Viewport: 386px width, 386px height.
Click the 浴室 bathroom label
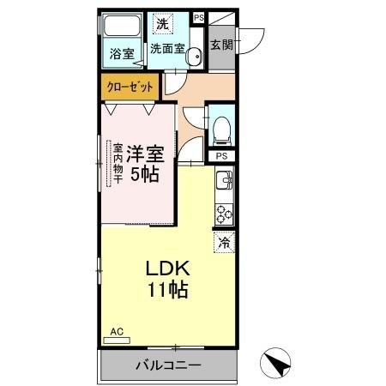coord(122,54)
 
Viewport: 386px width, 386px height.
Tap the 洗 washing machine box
coord(160,24)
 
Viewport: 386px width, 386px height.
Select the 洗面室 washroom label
coord(167,49)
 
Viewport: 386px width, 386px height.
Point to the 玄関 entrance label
coord(221,43)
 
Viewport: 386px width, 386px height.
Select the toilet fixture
coord(221,130)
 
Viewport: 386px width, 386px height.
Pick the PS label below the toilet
coord(221,156)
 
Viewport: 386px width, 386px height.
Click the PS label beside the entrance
coord(199,17)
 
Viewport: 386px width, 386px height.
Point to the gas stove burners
coord(224,212)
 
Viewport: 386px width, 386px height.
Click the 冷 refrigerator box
coord(225,243)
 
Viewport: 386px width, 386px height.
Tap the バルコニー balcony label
coord(168,365)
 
